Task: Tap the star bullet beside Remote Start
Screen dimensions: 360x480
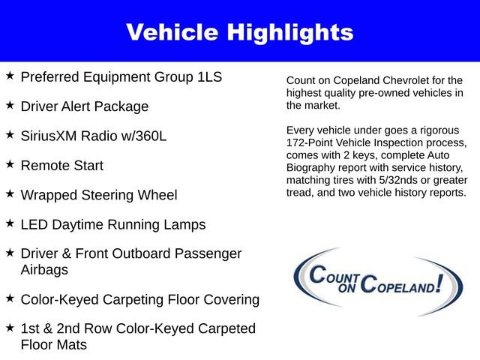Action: [10, 163]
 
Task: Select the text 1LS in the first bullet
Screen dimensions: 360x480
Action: [208, 77]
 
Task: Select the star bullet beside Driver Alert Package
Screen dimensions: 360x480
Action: [10, 105]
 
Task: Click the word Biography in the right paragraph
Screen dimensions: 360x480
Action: [314, 168]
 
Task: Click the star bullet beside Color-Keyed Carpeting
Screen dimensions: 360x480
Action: [10, 298]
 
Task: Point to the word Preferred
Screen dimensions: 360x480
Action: [52, 77]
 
